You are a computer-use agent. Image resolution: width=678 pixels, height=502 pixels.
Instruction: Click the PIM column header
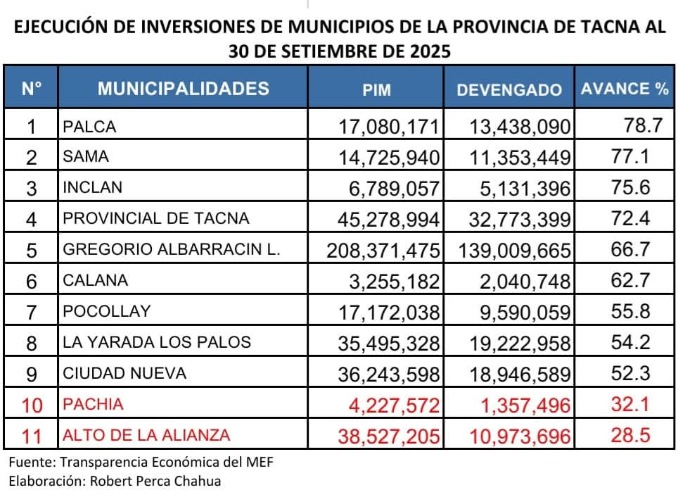coord(376,89)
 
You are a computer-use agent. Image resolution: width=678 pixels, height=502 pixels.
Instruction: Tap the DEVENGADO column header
coord(509,89)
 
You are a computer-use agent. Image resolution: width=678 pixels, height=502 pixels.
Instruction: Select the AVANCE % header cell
coord(624,89)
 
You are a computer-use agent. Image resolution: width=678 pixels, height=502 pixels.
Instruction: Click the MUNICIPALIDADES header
coord(183,89)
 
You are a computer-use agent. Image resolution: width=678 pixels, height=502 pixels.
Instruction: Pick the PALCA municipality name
coord(89,127)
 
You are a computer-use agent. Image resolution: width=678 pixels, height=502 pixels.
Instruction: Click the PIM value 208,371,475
coord(384,250)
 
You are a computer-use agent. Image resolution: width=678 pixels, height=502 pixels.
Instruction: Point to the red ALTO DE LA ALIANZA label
coord(146,435)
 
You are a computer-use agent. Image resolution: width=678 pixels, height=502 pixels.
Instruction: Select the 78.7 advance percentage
coord(643,126)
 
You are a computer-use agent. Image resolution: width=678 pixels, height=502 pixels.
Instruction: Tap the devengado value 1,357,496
coord(520,405)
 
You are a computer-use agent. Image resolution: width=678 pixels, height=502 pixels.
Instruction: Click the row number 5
coord(31,250)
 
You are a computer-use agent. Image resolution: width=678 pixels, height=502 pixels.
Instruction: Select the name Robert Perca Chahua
coord(165,482)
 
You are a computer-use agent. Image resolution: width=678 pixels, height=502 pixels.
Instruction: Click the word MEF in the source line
coord(257,463)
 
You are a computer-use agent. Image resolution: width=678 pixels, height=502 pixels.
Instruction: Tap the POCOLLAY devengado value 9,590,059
coord(520,312)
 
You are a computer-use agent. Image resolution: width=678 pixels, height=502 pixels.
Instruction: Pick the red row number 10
coord(31,405)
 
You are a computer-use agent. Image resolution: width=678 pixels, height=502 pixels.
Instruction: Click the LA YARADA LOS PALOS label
coord(156,342)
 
